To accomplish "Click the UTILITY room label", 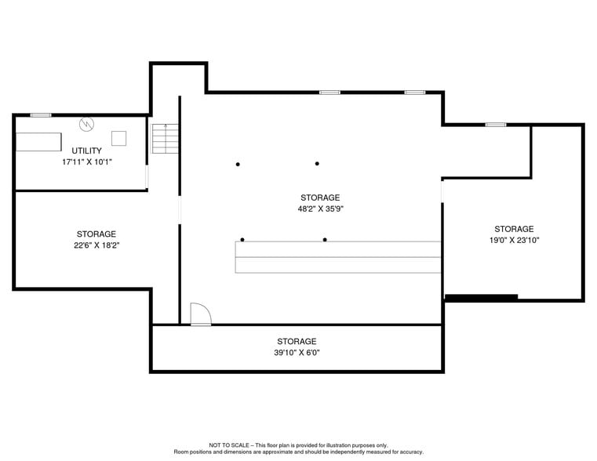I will tap(86, 151).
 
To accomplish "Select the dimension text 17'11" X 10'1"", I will tap(86, 162).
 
